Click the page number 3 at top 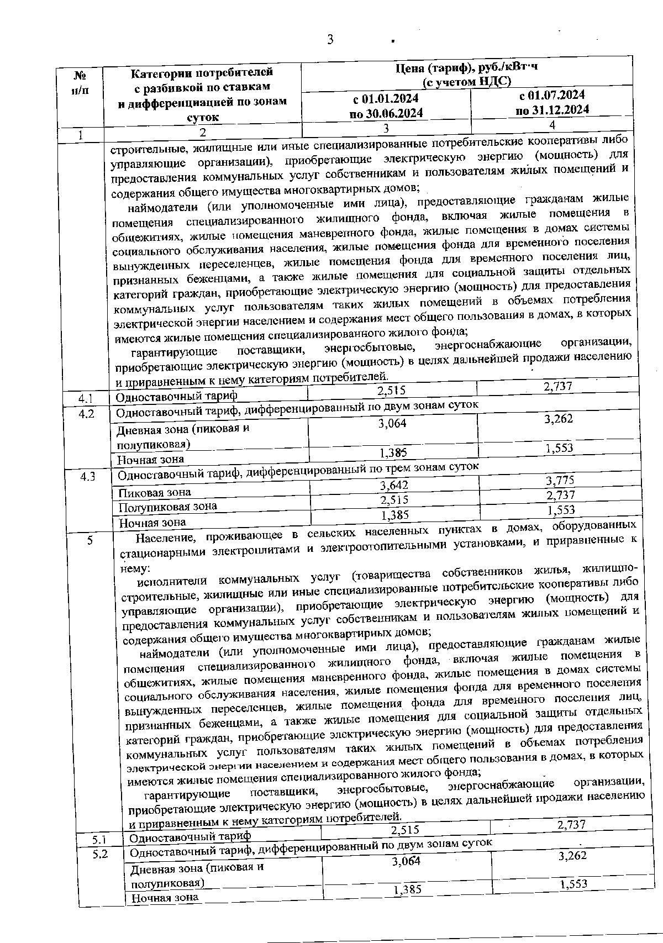(x=330, y=40)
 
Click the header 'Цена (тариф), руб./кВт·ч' (x=467, y=67)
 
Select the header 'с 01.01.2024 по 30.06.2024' (x=386, y=106)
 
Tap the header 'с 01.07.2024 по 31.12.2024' (x=552, y=103)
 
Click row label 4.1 (x=86, y=398)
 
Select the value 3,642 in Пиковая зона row (x=394, y=486)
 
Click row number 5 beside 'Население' (x=90, y=541)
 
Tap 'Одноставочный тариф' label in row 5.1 (x=190, y=836)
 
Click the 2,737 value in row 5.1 (x=571, y=825)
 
